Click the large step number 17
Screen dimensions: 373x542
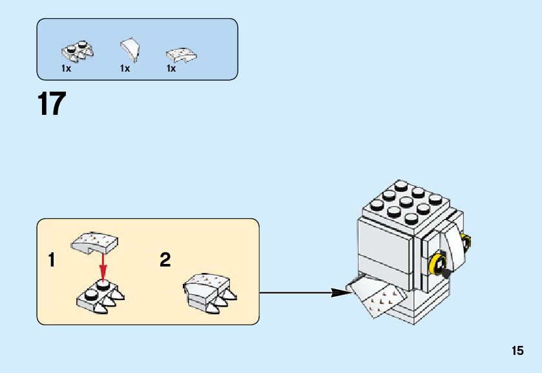52,104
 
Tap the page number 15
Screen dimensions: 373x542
517,351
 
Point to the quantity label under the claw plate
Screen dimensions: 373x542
66,68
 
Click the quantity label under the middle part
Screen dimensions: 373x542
125,68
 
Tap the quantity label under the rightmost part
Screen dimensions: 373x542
171,68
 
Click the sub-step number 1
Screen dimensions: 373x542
52,261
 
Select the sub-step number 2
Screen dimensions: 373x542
165,261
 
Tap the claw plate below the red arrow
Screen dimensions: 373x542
100,296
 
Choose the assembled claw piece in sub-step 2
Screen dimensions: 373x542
209,291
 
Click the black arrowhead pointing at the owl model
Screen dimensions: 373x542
340,292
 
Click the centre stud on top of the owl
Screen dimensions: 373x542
406,201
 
